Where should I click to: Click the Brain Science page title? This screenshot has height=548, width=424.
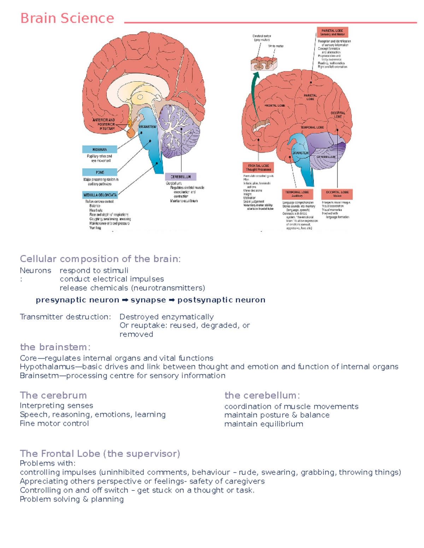(x=67, y=18)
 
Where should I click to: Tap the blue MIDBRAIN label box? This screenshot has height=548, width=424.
(x=100, y=149)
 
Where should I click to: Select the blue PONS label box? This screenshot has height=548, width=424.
(x=100, y=172)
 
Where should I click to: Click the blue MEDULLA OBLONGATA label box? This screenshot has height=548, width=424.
(x=100, y=195)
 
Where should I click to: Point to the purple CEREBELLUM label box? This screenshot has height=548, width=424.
(x=181, y=177)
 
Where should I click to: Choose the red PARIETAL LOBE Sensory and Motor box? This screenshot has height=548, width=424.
(x=332, y=32)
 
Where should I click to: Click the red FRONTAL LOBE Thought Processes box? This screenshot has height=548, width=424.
(x=258, y=167)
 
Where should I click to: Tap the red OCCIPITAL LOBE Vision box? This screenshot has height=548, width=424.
(x=337, y=194)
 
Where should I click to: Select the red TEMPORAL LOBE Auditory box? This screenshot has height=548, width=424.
(x=297, y=194)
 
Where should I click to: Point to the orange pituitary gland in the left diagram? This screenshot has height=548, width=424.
(x=131, y=132)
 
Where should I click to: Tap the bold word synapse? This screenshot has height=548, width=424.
(x=148, y=300)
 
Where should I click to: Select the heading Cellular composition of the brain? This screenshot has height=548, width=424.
(x=100, y=259)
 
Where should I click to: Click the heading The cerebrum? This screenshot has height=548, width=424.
(x=53, y=395)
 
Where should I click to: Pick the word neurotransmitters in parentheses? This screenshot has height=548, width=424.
(x=168, y=288)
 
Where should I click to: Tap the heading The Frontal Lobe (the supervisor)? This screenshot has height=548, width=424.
(x=100, y=453)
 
